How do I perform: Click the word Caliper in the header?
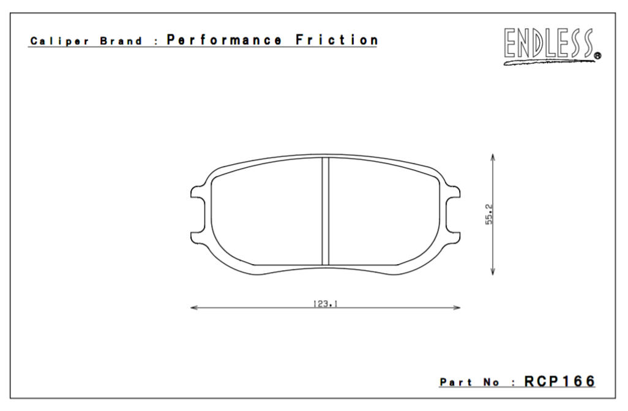51,43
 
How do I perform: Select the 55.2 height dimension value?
490,214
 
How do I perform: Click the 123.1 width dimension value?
326,303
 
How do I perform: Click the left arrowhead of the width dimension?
195,307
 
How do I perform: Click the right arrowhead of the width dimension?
456,307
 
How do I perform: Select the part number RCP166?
559,381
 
